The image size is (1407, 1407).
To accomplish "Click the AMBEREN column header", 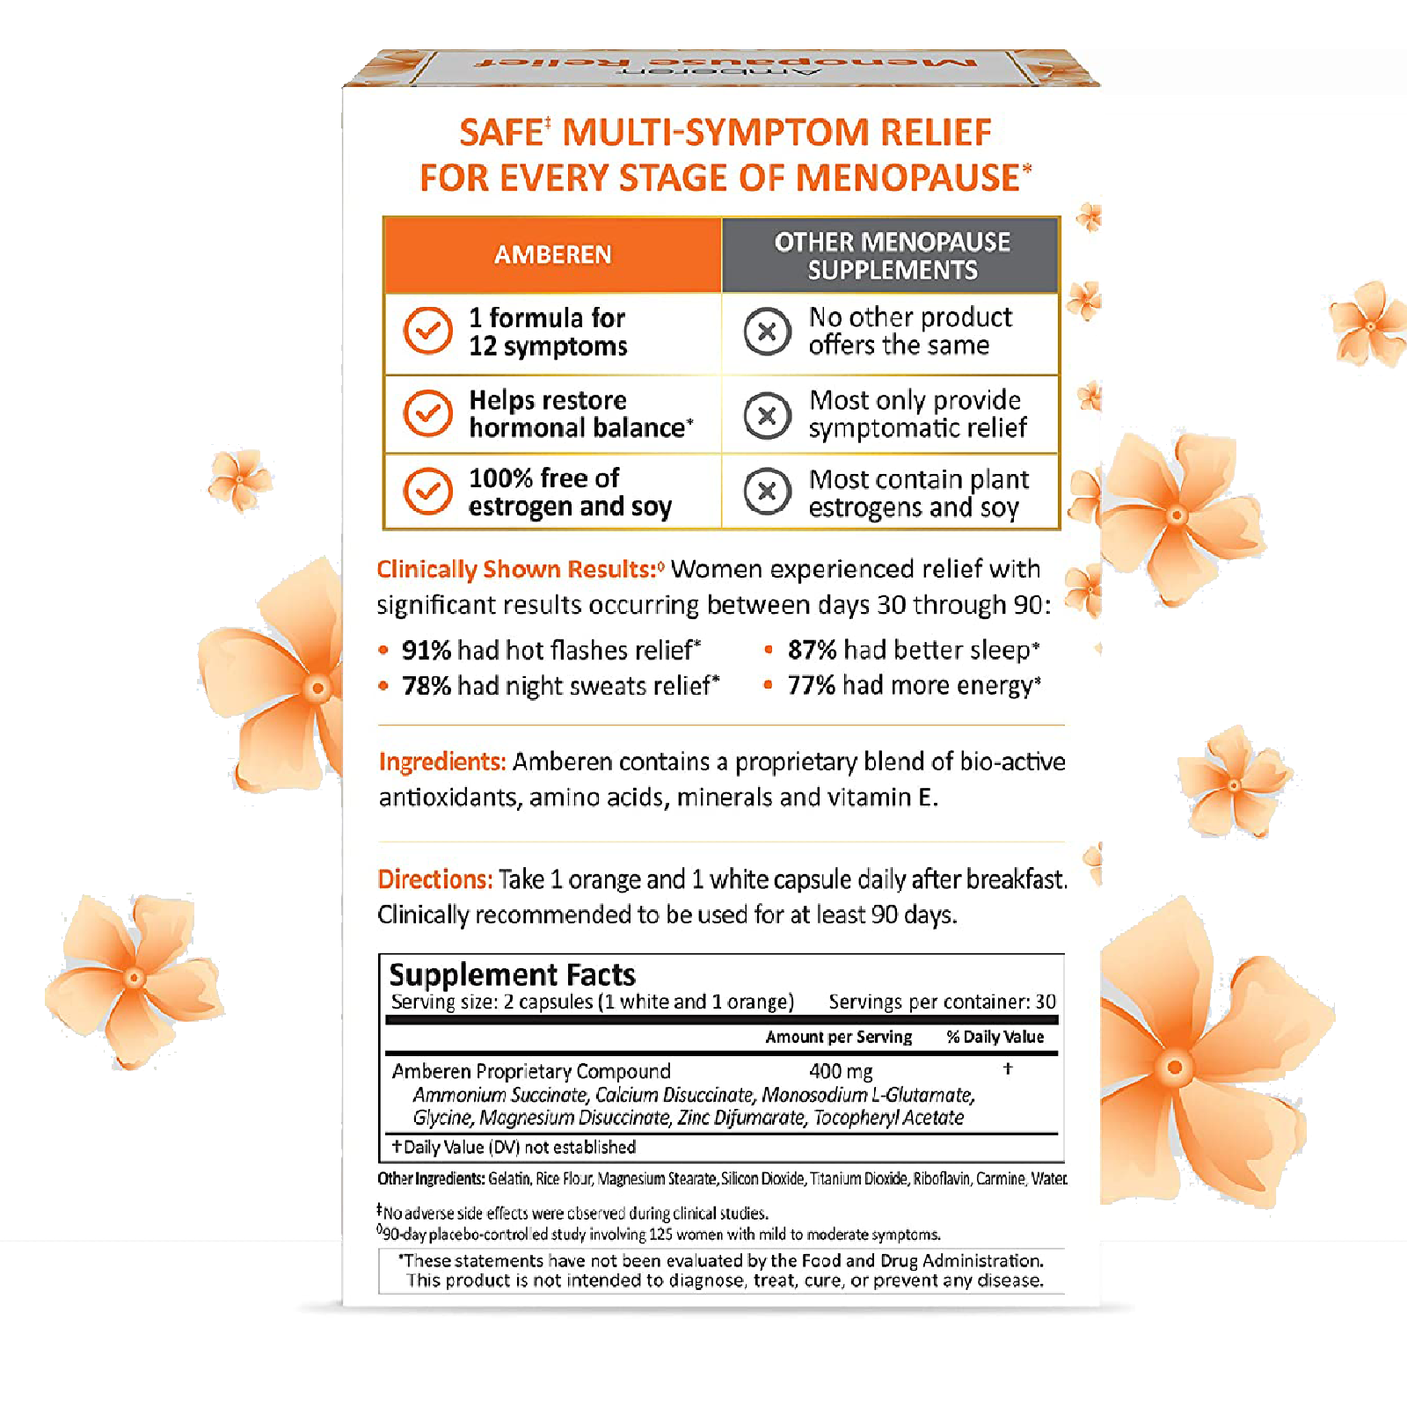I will tap(552, 255).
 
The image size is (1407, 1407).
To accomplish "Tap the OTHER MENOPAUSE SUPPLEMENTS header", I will tap(892, 256).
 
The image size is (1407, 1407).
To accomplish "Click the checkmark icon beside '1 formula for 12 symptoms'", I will tap(427, 331).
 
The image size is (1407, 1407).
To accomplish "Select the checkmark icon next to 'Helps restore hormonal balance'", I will tap(427, 413).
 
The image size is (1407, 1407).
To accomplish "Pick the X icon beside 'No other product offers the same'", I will tap(767, 332).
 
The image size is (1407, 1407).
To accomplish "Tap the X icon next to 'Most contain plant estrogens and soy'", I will tap(767, 492).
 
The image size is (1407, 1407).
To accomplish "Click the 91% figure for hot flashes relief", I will tap(426, 651).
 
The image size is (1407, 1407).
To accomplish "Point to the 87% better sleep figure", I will tap(812, 650).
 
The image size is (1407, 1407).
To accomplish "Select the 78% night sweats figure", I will tap(426, 686).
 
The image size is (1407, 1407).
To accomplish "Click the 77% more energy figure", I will tap(811, 685).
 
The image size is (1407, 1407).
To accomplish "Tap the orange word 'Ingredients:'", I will tap(442, 762).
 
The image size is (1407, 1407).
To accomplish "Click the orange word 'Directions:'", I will tap(434, 879).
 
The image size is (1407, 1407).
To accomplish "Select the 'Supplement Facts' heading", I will tap(512, 974).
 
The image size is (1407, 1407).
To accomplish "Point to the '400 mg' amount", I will tap(841, 1071).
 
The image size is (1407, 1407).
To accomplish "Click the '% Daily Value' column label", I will tap(995, 1037).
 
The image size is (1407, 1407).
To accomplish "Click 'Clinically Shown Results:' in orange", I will tap(517, 570).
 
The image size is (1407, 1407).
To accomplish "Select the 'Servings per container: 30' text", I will tap(942, 1002).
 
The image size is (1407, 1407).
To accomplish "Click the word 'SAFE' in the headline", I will tap(500, 134).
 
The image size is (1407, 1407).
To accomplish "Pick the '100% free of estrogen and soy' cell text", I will tap(570, 492).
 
